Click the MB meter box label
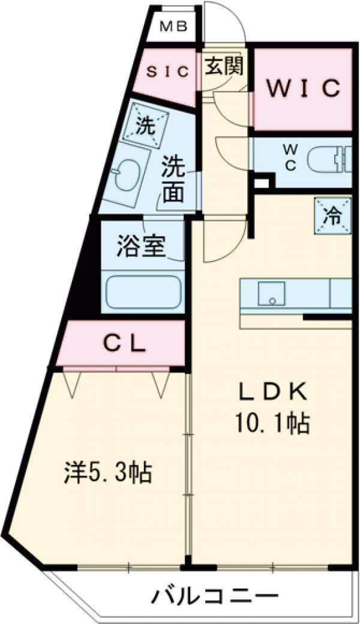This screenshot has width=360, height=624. (174, 26)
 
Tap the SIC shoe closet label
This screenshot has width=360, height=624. (169, 71)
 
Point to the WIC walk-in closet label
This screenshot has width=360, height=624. (304, 88)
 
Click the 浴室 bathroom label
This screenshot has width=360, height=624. (142, 245)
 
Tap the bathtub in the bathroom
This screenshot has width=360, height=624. (143, 292)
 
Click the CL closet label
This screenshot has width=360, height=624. (124, 344)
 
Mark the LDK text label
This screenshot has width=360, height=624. (274, 393)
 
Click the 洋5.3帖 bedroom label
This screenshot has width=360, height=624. (108, 473)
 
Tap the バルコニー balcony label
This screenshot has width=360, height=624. (215, 596)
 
